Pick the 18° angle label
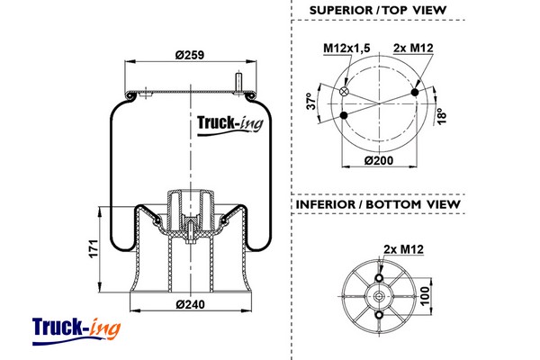(x=442, y=117)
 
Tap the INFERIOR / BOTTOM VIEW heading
(x=377, y=204)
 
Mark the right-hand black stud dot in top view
(x=415, y=93)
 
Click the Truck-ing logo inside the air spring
(x=229, y=126)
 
